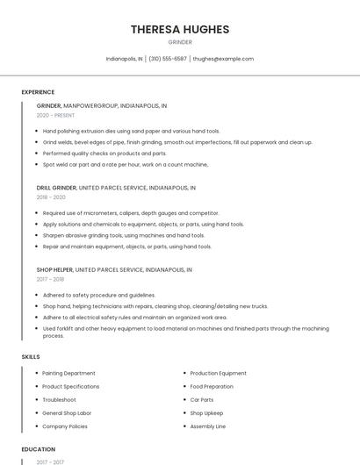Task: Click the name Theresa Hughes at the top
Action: (180, 29)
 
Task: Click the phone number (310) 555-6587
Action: (168, 59)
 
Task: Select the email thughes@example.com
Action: (223, 59)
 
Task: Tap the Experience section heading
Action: (38, 92)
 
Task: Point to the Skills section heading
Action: (31, 357)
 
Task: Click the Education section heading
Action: (38, 449)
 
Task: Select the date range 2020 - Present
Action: (55, 115)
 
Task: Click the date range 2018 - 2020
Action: (51, 197)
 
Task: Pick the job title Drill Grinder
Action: (56, 188)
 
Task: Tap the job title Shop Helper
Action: (54, 270)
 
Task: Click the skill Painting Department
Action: (68, 374)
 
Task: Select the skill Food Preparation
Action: (212, 387)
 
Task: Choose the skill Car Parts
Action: (202, 400)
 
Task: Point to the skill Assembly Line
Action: (208, 426)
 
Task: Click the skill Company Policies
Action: (65, 426)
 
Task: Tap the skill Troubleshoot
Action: (59, 400)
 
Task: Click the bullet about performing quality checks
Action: (104, 153)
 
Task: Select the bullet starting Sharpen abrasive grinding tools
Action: (124, 235)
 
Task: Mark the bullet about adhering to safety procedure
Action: (99, 295)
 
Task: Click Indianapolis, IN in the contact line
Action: (124, 59)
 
